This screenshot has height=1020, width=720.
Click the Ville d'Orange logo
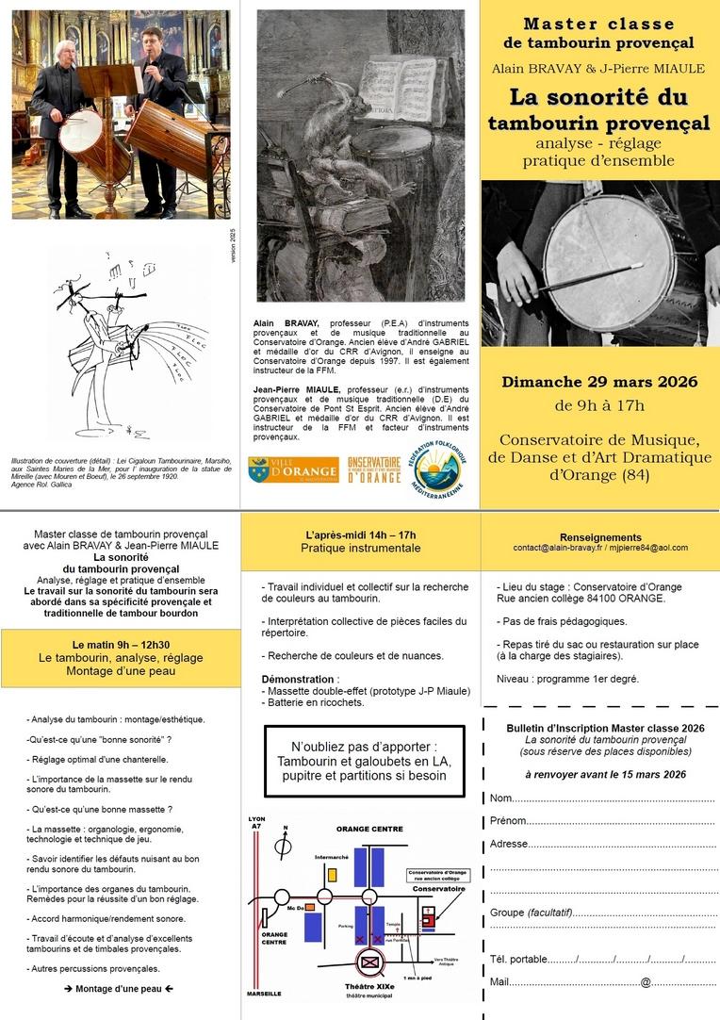point(293,469)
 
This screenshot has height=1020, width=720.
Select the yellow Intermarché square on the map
point(331,874)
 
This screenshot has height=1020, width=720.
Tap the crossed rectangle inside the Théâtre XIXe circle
point(369,963)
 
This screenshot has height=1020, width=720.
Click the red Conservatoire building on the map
point(429,914)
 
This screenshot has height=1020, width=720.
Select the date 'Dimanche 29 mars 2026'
point(599,382)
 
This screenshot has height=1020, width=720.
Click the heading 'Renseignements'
point(599,537)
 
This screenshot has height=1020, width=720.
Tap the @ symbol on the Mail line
point(646,983)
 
